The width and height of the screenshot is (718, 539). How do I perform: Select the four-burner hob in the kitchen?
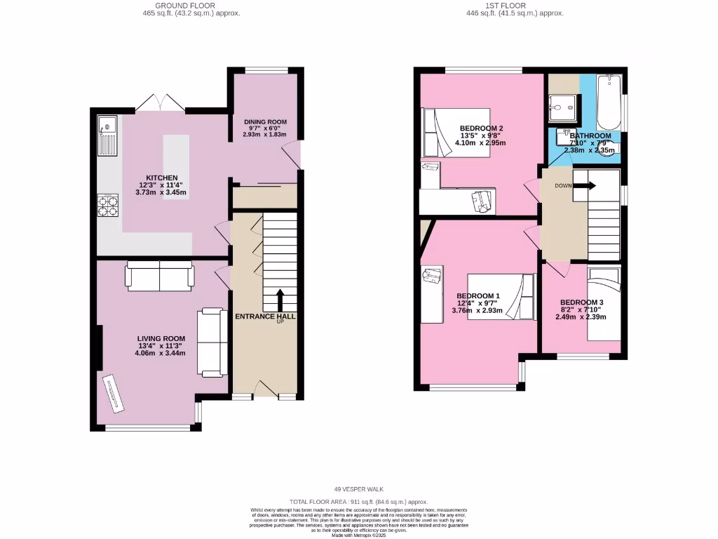coord(109,206)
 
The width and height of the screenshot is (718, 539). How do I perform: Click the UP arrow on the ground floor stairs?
coord(280,300)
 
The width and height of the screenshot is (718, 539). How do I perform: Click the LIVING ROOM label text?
coord(161,338)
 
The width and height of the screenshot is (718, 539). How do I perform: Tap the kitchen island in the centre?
coord(176,167)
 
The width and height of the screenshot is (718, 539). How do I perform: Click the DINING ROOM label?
coord(264,122)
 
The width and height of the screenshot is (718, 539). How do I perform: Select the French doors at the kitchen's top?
coord(160,103)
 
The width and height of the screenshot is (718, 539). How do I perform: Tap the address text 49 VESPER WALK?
coord(359,489)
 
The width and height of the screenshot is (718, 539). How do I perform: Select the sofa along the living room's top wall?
coord(159,275)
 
